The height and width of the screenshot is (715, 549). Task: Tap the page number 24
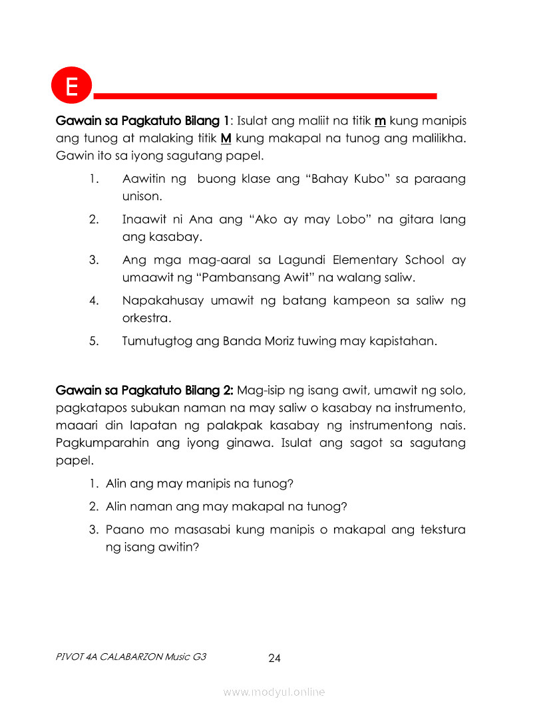coord(274,658)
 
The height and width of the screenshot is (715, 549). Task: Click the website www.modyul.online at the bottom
coord(274,692)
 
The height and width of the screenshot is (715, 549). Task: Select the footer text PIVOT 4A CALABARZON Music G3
coord(131,657)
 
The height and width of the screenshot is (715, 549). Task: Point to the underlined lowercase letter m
coord(381,121)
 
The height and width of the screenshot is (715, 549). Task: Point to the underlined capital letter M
coord(226,139)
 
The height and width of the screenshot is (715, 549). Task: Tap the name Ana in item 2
coord(200,219)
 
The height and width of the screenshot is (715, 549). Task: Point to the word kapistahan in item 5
coord(406,342)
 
